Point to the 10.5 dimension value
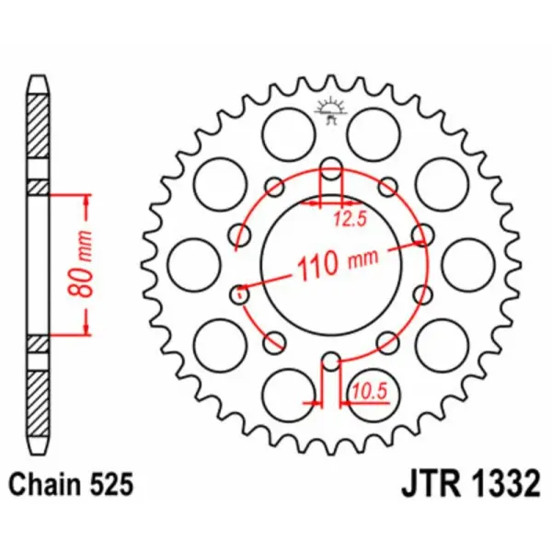[363, 396]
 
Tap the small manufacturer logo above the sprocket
[331, 109]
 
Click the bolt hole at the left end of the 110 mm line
[239, 294]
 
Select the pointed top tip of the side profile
[37, 75]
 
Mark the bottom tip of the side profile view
[37, 451]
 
